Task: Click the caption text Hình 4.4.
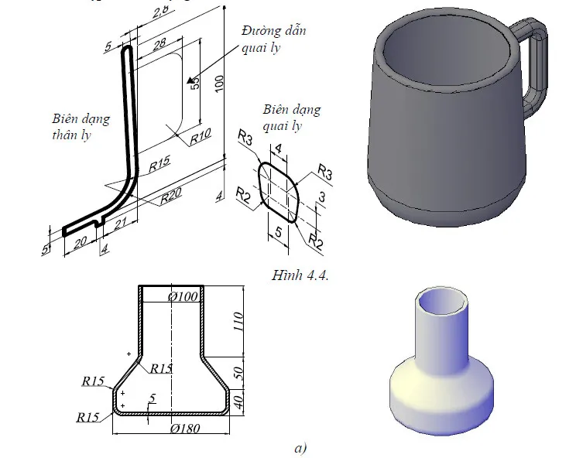click(x=301, y=275)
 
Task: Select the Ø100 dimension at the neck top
click(x=183, y=296)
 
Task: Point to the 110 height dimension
click(x=238, y=320)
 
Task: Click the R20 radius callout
click(x=171, y=199)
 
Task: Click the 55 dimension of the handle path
click(x=196, y=82)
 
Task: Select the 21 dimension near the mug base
click(x=120, y=225)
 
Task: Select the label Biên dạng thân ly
click(x=80, y=126)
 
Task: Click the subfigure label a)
click(x=300, y=447)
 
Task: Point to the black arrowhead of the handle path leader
click(x=190, y=78)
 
